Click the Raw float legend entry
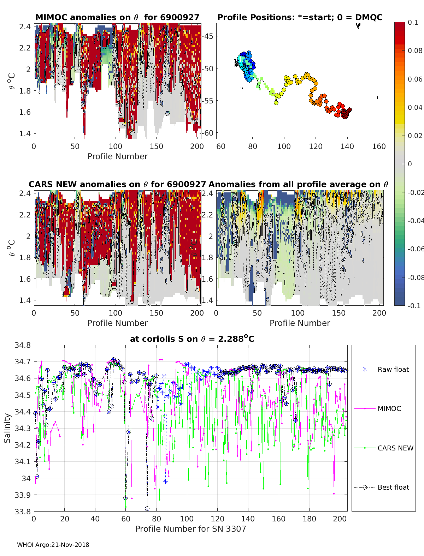(393, 370)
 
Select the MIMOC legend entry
(389, 409)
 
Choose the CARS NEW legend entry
(395, 448)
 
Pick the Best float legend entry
(393, 488)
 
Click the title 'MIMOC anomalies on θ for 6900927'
(117, 17)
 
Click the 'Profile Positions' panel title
(300, 17)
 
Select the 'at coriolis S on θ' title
(192, 339)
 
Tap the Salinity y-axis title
(7, 428)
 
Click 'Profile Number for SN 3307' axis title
(190, 529)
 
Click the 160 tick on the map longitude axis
(379, 147)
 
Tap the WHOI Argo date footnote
(53, 545)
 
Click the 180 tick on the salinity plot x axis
(309, 519)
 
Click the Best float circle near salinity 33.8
(147, 509)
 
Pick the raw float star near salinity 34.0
(165, 482)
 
